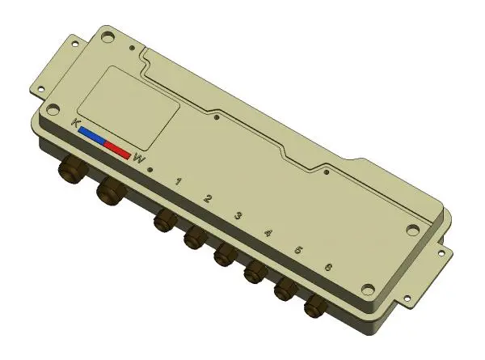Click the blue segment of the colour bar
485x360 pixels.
coord(92,135)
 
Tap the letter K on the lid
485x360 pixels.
coord(75,122)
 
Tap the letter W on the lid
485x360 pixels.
coord(139,159)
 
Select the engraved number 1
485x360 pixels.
coord(178,181)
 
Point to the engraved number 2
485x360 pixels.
coord(208,198)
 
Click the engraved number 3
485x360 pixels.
coord(238,215)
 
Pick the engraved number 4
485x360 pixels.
coord(268,232)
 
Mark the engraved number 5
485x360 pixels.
coord(298,250)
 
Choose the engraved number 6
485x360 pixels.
coord(328,267)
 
